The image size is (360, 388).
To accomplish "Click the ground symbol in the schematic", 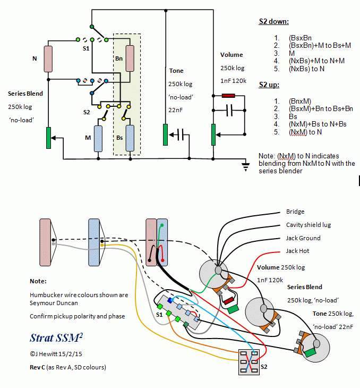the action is (x=245, y=166).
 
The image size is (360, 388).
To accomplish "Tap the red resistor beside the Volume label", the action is (x=228, y=96).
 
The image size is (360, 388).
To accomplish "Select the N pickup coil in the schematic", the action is (x=48, y=59).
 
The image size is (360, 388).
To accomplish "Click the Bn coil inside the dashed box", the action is (x=130, y=58).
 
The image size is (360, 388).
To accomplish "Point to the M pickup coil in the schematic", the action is (x=98, y=139).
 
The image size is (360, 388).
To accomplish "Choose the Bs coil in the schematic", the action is (x=130, y=138).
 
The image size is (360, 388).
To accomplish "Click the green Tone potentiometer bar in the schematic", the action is (x=166, y=134).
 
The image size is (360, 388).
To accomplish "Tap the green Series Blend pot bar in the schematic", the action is (x=49, y=138).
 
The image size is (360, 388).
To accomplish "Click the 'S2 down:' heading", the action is (x=273, y=22).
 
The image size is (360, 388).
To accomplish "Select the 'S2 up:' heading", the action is (x=269, y=85).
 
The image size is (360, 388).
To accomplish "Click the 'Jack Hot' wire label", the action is (x=297, y=251).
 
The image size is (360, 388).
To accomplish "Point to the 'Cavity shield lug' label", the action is (x=308, y=225).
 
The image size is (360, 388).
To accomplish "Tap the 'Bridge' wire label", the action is (x=295, y=212).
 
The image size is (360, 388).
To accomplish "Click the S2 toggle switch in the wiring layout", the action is (x=249, y=362).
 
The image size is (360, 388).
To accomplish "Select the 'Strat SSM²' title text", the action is (x=56, y=338).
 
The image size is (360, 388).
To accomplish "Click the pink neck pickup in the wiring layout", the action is (x=45, y=242).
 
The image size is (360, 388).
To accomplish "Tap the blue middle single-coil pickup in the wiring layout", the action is (x=94, y=242).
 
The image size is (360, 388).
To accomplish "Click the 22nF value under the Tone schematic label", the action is (x=176, y=110).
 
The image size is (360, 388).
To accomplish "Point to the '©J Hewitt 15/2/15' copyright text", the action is (x=56, y=354).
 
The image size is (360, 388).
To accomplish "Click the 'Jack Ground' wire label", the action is (x=303, y=238).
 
